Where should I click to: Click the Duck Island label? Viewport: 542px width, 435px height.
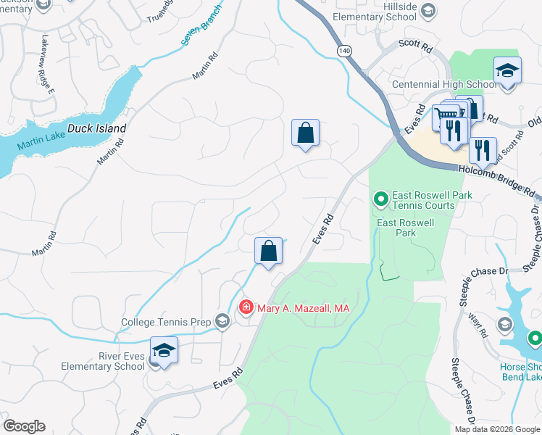coord(96,128)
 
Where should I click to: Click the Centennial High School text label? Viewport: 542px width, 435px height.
coord(443,84)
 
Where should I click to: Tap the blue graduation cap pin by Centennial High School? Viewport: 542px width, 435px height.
coord(507,71)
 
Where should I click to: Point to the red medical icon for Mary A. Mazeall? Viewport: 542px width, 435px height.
coord(246,308)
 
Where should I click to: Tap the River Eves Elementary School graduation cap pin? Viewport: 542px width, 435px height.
coord(164,351)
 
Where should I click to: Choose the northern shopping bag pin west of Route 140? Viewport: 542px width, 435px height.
coord(306,133)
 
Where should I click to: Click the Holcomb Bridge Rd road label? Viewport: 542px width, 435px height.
coord(499,182)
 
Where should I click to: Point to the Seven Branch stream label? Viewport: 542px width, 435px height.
coord(200,30)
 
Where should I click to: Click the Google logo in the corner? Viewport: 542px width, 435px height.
coord(24,426)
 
